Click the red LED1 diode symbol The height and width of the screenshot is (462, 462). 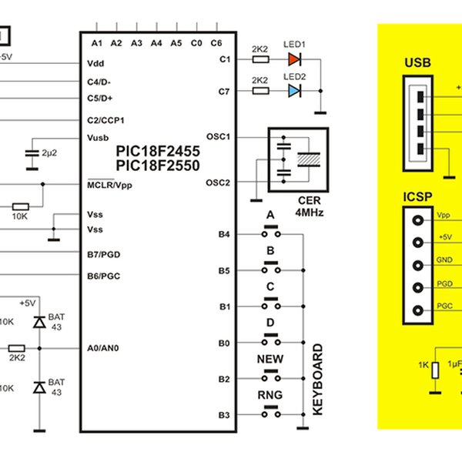pos(293,58)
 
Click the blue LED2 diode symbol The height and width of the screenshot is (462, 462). pos(293,91)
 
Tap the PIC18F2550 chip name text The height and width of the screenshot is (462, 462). pos(158,166)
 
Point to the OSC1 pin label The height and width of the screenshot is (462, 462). pos(219,136)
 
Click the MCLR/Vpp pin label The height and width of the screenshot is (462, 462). pos(110,185)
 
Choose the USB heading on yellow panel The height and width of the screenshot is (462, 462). pos(417,62)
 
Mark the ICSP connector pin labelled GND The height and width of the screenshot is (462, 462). pos(420,265)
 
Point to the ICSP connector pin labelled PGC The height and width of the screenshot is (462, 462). pos(420,311)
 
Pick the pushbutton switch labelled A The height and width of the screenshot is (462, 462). pos(270,232)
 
